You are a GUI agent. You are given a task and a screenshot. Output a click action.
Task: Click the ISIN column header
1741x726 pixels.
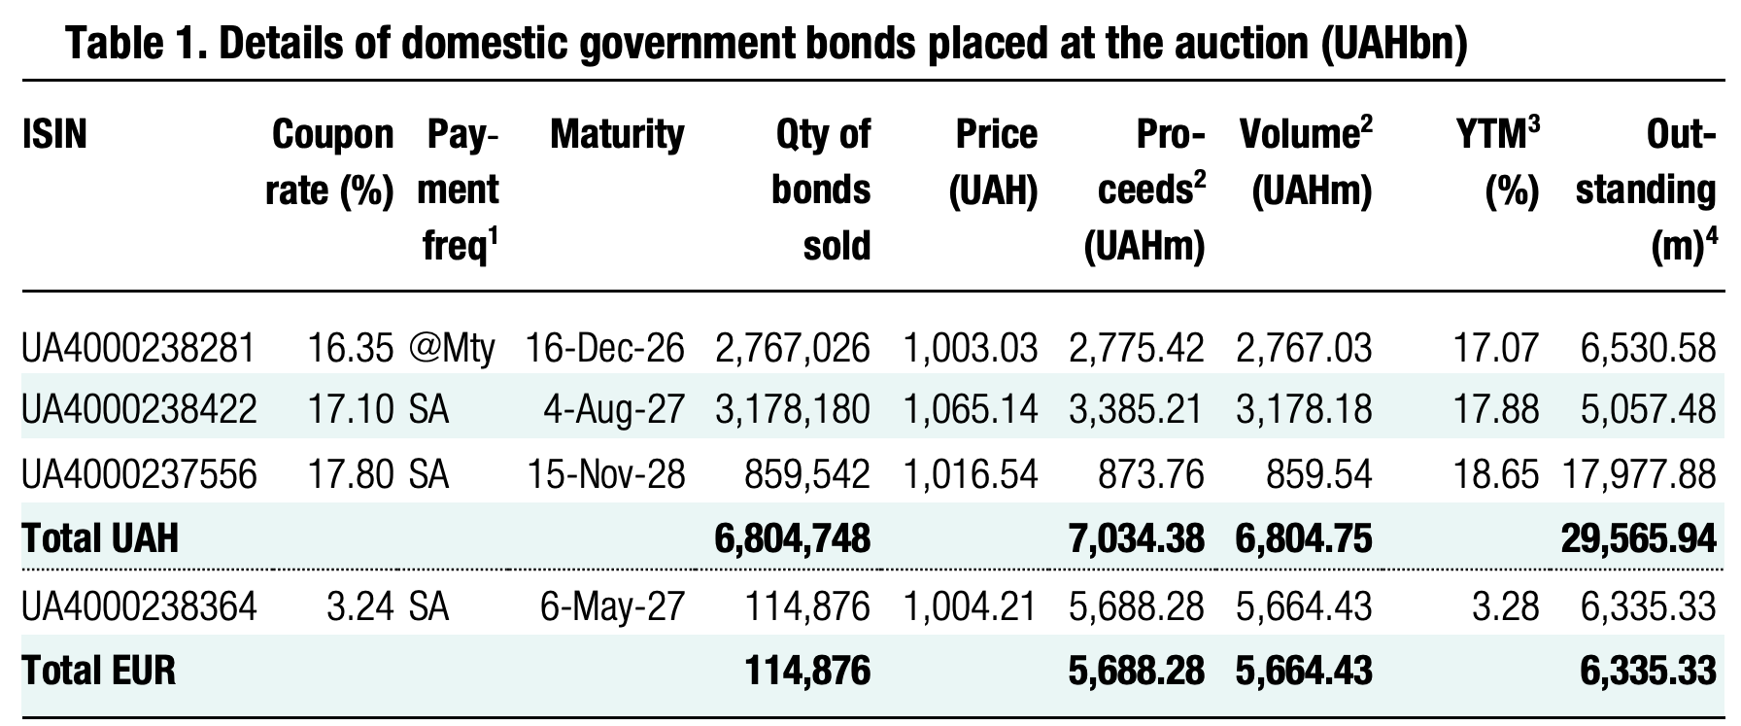(x=54, y=134)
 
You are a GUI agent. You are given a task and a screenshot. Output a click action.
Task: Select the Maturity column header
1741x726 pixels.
(x=617, y=134)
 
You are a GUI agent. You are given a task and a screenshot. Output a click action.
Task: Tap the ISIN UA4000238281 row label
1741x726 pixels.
(x=138, y=347)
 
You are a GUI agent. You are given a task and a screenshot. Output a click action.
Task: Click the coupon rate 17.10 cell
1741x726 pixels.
(x=350, y=410)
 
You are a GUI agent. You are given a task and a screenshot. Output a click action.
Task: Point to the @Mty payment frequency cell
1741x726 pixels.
(x=453, y=347)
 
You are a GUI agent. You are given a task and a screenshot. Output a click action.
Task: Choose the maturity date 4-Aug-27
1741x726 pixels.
(x=613, y=410)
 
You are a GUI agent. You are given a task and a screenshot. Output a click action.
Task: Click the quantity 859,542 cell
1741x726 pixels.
(x=806, y=474)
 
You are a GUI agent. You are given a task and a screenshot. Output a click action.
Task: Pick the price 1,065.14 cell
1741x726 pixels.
(x=971, y=410)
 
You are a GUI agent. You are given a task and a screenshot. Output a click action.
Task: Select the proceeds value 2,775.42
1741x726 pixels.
(x=1136, y=347)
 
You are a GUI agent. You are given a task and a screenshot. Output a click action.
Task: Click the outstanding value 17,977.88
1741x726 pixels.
(x=1639, y=474)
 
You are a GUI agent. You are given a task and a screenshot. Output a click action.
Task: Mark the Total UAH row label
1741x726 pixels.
(x=100, y=537)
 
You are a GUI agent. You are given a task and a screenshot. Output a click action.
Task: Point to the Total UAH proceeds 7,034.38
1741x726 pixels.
(x=1136, y=537)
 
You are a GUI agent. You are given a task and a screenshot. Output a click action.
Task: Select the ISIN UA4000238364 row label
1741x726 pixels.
(x=139, y=607)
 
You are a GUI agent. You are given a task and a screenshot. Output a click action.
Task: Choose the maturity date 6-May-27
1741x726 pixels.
(x=612, y=607)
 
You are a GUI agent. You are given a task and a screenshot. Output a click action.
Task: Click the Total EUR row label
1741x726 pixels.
(x=99, y=671)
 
